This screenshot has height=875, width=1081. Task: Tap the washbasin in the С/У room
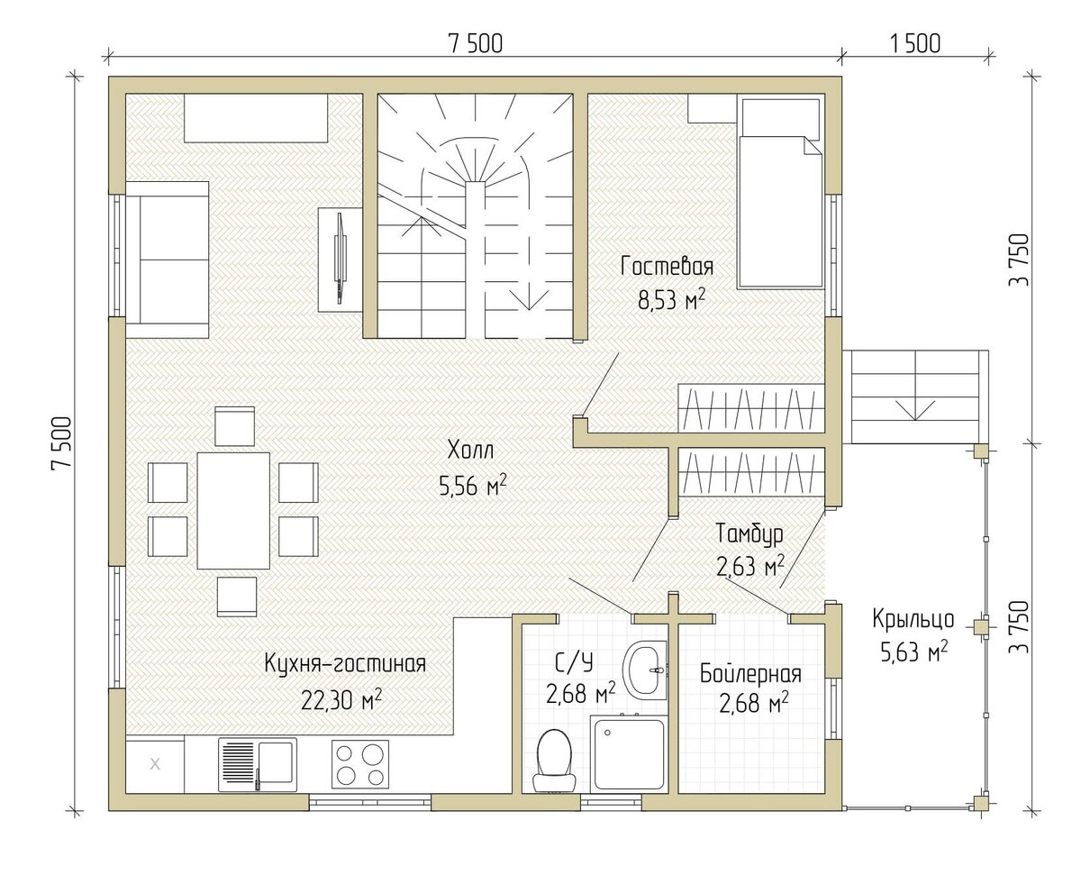coord(643,670)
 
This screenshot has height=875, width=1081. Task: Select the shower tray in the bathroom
coord(628,754)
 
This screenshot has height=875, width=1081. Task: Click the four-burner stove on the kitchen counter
coord(360,764)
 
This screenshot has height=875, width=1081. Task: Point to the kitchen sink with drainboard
coord(258,764)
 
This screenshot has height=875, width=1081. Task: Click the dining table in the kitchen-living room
coord(233,511)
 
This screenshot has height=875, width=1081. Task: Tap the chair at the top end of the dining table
coord(234,426)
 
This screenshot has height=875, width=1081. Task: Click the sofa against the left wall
coord(167,260)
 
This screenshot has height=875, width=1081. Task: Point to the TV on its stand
coord(339,259)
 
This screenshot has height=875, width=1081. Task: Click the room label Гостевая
coord(667,267)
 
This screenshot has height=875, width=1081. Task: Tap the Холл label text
coord(470,451)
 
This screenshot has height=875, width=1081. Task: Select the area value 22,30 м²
coord(341,701)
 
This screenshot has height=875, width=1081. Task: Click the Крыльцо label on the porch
coord(913,620)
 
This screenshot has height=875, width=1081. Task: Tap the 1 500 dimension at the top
coord(914,43)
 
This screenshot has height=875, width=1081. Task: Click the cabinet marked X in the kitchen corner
coord(155,764)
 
